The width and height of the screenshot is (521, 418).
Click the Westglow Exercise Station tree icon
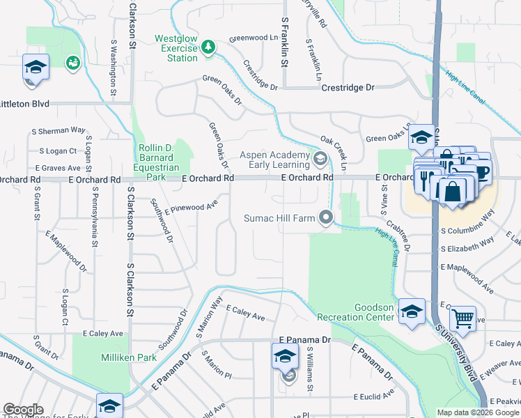[207, 47]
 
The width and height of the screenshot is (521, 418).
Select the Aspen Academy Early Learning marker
[320, 159]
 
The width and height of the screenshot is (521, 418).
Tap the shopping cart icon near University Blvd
[462, 319]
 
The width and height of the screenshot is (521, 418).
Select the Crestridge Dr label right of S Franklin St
[348, 88]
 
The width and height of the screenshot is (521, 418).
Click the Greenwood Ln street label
[253, 37]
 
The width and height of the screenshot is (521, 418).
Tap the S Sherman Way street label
[59, 130]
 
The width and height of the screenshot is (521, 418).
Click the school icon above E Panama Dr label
[286, 357]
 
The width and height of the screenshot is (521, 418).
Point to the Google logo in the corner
[23, 410]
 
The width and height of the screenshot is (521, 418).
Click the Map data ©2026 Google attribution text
[478, 412]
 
